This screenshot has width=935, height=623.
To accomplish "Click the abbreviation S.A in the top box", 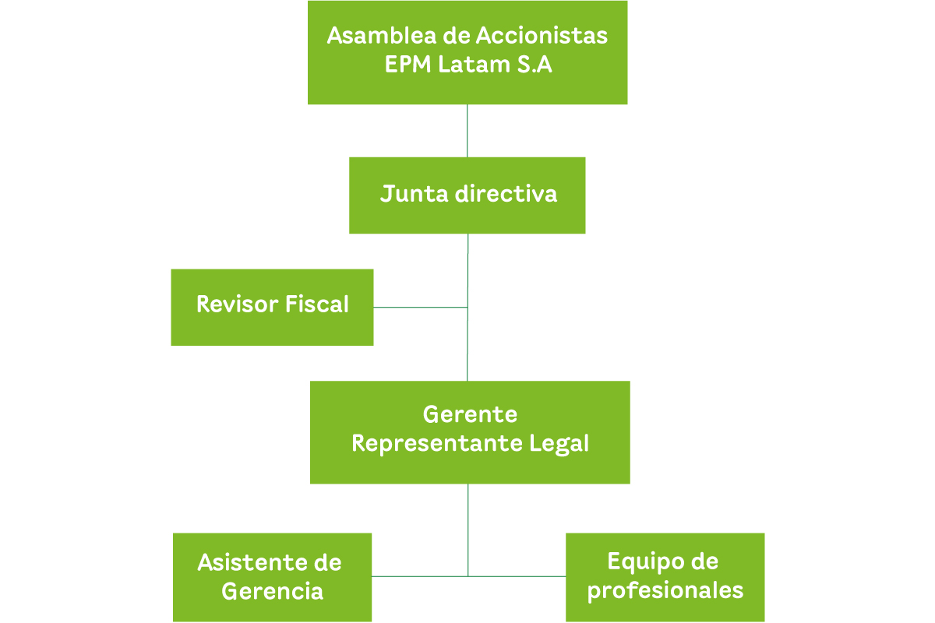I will click(534, 65).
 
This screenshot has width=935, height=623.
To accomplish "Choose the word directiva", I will click(506, 194).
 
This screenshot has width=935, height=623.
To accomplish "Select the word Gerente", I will click(470, 414).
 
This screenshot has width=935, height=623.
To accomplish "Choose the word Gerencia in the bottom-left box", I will click(272, 591).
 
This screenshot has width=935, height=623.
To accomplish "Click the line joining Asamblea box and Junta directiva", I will click(467, 131).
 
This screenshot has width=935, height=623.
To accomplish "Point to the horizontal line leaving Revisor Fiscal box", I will click(421, 307).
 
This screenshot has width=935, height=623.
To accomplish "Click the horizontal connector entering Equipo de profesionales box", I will click(517, 576).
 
